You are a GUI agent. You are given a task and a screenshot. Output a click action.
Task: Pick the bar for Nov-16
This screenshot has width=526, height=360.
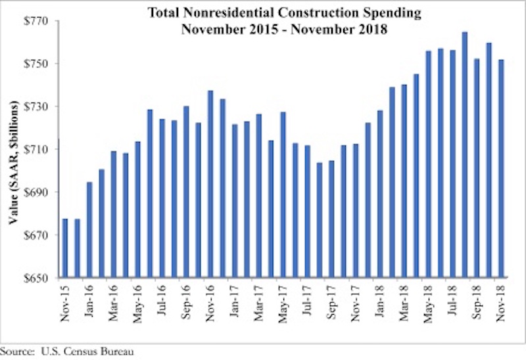[210, 184]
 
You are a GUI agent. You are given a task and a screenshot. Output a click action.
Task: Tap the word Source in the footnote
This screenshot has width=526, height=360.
[16, 351]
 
